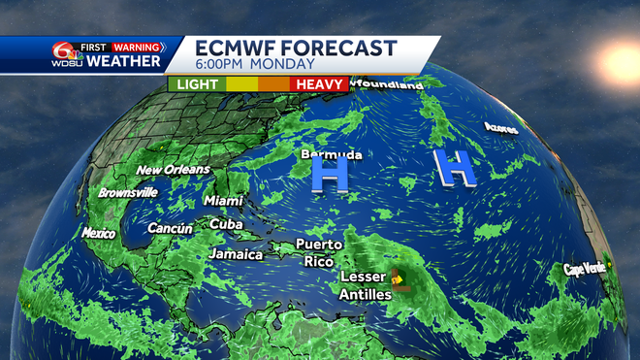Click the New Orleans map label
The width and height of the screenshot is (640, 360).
[x=173, y=170]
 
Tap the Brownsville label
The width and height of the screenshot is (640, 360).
[x=127, y=192]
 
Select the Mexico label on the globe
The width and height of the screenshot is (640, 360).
[x=98, y=233]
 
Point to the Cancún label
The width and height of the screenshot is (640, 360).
[x=170, y=228]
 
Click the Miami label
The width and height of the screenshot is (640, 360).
[x=223, y=201]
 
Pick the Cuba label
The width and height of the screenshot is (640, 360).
[x=226, y=224]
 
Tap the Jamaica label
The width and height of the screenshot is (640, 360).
[x=236, y=254]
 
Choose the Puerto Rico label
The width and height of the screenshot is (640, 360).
[x=318, y=252]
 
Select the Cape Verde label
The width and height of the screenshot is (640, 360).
[x=585, y=269]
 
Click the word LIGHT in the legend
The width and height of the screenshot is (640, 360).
[x=198, y=84]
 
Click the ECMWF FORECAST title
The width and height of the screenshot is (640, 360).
[x=296, y=49]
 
